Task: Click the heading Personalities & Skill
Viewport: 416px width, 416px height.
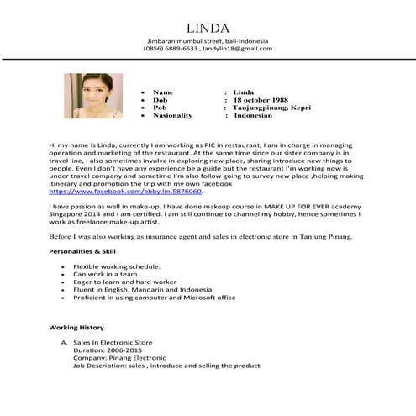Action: pos(82,251)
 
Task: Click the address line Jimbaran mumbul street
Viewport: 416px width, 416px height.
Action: pos(208,40)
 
